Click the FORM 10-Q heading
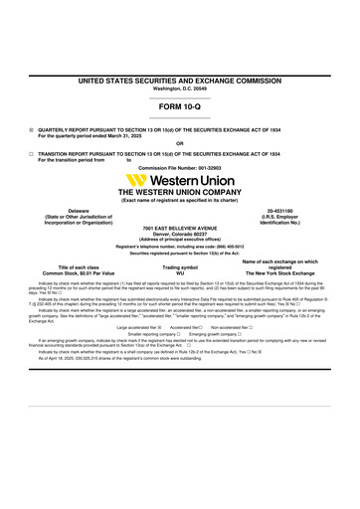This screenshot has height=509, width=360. (x=180, y=103)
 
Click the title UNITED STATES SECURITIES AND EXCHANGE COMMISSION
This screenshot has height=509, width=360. (x=180, y=79)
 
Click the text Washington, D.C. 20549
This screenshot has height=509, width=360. (x=180, y=87)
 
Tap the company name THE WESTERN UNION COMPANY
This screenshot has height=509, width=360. (x=180, y=194)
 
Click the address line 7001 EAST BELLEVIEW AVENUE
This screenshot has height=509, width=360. (x=180, y=228)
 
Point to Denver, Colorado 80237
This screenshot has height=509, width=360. (x=180, y=235)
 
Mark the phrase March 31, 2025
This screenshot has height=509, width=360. (x=129, y=134)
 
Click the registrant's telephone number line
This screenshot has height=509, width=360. (x=180, y=244)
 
